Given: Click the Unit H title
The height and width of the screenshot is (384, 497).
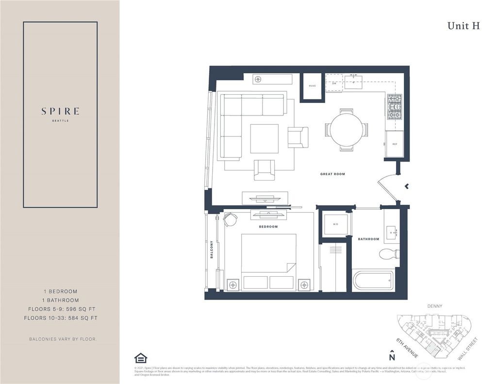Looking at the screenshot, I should click(x=464, y=26).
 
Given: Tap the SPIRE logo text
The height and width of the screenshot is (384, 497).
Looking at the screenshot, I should click(x=60, y=111).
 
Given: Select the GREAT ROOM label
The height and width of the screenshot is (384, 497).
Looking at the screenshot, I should click(x=332, y=174).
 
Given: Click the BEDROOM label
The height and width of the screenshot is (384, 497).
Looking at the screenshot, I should click(x=268, y=227).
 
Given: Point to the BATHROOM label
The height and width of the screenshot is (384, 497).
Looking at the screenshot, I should click(x=368, y=239).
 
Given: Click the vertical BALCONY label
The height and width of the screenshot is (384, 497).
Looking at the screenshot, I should click(x=212, y=250).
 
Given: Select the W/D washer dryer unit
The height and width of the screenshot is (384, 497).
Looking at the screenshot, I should click(x=335, y=225).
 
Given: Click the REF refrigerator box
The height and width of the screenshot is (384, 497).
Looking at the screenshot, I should click(x=395, y=144).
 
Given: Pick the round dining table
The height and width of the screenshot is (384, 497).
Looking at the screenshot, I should click(x=346, y=130).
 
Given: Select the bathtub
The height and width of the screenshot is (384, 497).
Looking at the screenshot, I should click(x=373, y=280).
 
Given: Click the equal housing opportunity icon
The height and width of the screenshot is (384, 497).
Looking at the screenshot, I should click(x=140, y=358).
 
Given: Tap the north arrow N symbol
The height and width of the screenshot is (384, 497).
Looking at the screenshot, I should click(x=392, y=355).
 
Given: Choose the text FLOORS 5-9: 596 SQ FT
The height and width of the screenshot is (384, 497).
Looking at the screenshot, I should click(x=60, y=309).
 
